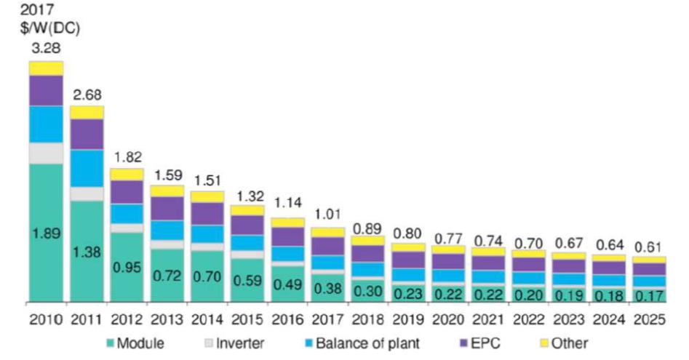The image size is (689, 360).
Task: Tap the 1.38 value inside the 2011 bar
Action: [x=87, y=252]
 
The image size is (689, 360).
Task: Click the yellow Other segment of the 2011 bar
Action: [x=87, y=112]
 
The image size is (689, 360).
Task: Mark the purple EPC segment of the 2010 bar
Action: [x=46, y=90]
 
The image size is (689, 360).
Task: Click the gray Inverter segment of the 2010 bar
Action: [x=46, y=153]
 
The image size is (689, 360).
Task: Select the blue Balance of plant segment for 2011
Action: [x=87, y=168]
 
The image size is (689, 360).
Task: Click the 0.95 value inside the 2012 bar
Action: [x=127, y=268]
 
